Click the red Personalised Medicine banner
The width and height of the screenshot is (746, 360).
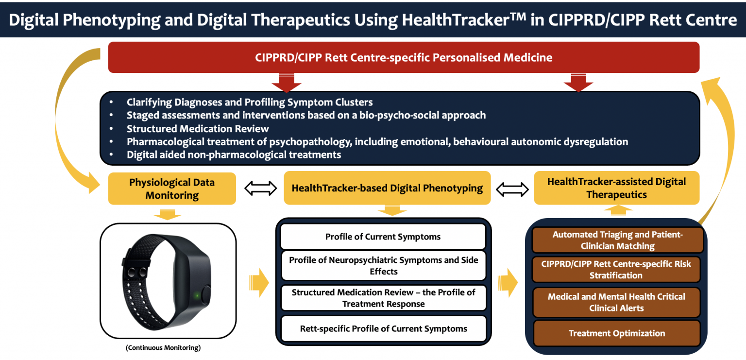404,57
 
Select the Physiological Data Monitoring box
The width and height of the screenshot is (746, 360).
172,189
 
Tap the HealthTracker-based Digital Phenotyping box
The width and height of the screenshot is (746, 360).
387,188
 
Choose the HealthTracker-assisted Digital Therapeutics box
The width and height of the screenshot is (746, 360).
616,188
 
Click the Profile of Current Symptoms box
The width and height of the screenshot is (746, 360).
383,237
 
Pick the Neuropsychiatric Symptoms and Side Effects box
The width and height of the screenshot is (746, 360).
383,265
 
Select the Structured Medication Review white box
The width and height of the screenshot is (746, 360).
383,298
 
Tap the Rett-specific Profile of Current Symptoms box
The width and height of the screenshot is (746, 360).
383,329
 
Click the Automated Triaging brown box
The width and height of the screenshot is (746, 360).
617,240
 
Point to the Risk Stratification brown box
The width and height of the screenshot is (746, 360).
616,270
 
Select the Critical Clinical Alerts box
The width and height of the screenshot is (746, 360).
616,302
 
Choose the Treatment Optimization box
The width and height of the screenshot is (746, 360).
616,333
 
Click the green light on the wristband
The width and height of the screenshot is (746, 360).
197,295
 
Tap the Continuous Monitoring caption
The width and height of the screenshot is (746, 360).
163,348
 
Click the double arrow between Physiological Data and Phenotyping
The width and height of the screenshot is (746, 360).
260,188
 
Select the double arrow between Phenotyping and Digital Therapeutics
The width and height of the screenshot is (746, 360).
512,189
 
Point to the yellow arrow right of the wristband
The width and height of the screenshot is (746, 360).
259,283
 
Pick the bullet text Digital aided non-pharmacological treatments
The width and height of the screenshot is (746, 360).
234,154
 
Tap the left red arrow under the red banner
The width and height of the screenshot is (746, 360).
287,83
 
